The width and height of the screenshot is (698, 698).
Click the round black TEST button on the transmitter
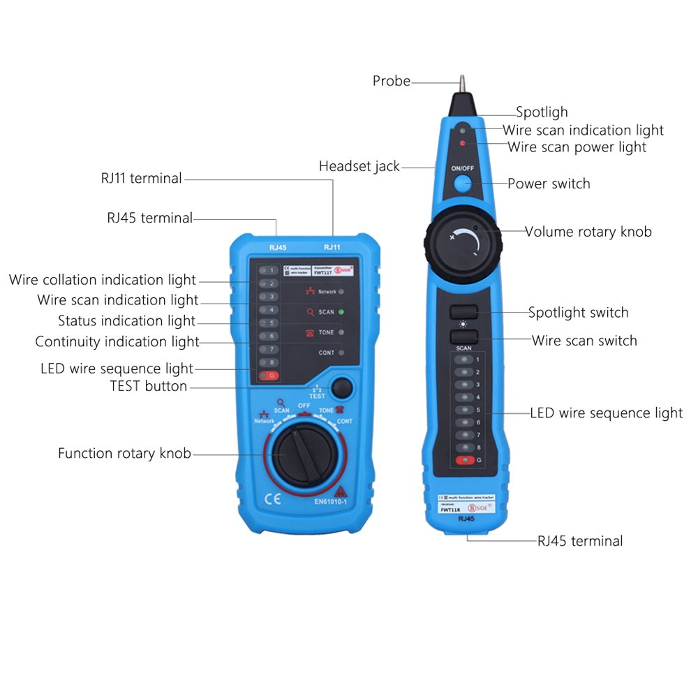coord(341,387)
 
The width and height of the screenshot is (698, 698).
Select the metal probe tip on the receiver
coord(461,84)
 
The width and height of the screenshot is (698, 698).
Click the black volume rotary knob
coord(462,244)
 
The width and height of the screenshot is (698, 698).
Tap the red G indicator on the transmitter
coord(269,376)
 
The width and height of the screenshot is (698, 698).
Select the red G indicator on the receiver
coord(465,460)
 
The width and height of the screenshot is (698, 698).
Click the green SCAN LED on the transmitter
coord(342,312)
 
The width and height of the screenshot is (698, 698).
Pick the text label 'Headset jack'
coord(359,166)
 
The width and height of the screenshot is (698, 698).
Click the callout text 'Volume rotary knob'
coord(588,232)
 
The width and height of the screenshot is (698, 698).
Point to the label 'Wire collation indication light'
coord(103,280)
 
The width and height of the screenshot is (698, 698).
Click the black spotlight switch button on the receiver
coord(463,312)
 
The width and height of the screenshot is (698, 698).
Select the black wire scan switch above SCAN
coord(463,336)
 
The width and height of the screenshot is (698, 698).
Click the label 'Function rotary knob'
coord(124,454)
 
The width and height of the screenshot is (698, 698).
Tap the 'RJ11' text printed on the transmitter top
coord(332,246)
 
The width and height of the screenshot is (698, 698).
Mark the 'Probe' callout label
coord(392,81)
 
